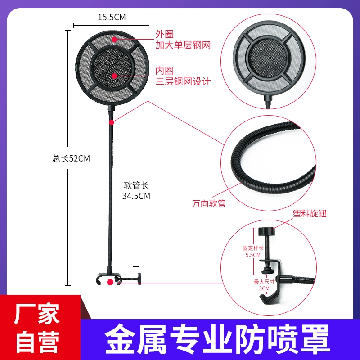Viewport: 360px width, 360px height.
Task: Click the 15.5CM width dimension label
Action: coord(112,17)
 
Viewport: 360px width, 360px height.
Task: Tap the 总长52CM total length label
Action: coord(71,158)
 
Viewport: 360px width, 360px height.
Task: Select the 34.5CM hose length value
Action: coord(136,196)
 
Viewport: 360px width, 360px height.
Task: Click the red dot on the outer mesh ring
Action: coord(114,39)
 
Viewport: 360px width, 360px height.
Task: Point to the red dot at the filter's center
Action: coord(114,76)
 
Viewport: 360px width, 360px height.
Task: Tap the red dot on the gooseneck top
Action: coord(112,122)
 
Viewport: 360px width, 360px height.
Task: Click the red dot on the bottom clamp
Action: coord(110,282)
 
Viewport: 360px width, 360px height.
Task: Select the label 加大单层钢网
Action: coord(183,45)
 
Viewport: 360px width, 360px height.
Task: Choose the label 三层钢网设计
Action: coord(183,81)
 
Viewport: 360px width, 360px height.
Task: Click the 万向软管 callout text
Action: coord(209,204)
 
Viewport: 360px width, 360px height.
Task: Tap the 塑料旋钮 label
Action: coord(310,213)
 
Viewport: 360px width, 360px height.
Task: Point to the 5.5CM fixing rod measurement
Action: coord(253,255)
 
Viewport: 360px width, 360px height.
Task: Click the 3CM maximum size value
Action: coord(264,288)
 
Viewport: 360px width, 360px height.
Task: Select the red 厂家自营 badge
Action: coord(40,328)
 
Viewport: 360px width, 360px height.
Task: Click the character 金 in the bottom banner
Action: coord(119,339)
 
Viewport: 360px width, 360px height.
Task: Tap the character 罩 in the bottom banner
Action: coord(315,339)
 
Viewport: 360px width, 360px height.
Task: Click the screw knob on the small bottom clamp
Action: coord(139,279)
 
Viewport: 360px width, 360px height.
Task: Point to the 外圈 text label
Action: coord(165,34)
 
